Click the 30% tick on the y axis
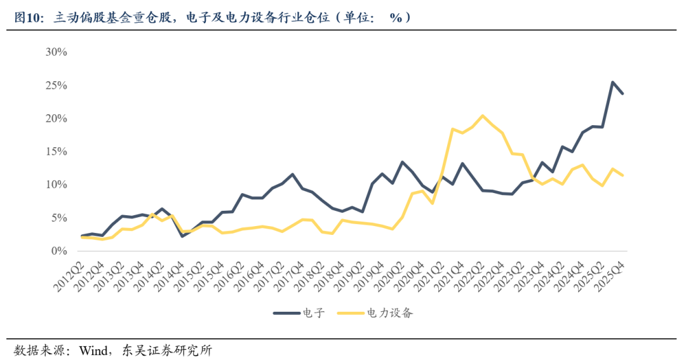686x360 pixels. point(56,52)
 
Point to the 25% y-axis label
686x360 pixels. point(56,85)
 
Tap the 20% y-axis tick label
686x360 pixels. point(56,119)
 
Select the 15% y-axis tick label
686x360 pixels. point(56,152)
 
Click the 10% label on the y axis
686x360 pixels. point(56,185)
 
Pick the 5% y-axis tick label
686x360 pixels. point(58,218)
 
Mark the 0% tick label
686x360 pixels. point(58,251)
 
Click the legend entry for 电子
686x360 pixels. point(312,313)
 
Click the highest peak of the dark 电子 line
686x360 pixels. point(612,82)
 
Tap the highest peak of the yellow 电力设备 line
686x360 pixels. point(483,116)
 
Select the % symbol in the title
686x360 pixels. point(396,18)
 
